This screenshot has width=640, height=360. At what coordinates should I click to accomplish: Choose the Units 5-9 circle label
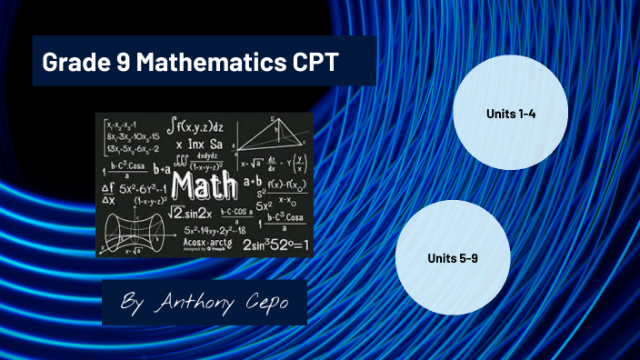click(x=453, y=258)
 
